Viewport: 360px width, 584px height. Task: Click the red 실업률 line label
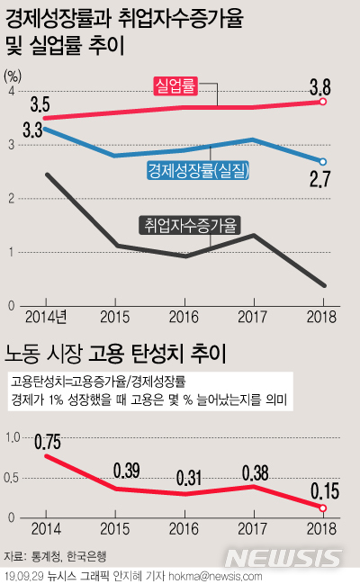pos(174,85)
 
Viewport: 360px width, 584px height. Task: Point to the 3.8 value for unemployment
pos(321,87)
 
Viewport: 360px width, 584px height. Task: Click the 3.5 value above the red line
pos(40,104)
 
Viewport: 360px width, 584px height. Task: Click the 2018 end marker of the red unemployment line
pos(323,103)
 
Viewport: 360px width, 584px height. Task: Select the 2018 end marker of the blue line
pos(323,162)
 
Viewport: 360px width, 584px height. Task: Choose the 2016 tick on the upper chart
pos(184,317)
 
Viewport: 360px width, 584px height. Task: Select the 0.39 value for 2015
pos(127,471)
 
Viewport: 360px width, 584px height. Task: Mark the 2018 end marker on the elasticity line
pos(323,508)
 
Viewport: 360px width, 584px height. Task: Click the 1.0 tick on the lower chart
pos(13,437)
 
